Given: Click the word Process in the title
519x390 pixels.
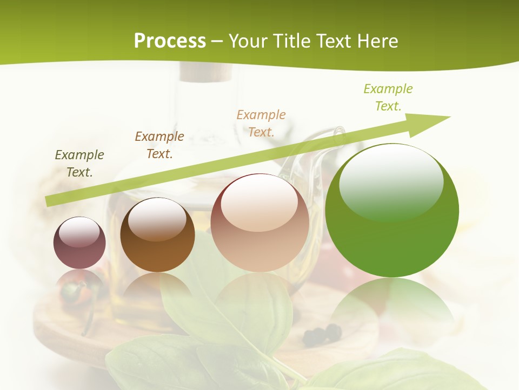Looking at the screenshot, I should (x=170, y=41).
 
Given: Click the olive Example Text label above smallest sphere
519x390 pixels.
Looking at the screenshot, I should (x=79, y=164).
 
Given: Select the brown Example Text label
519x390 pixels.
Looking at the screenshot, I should (x=159, y=145).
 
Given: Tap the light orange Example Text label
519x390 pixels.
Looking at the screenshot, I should (x=261, y=123).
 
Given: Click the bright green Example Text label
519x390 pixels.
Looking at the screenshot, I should (x=388, y=97).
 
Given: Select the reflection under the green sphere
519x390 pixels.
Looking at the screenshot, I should (x=392, y=309).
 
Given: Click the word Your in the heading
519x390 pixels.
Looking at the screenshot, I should (x=248, y=41).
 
